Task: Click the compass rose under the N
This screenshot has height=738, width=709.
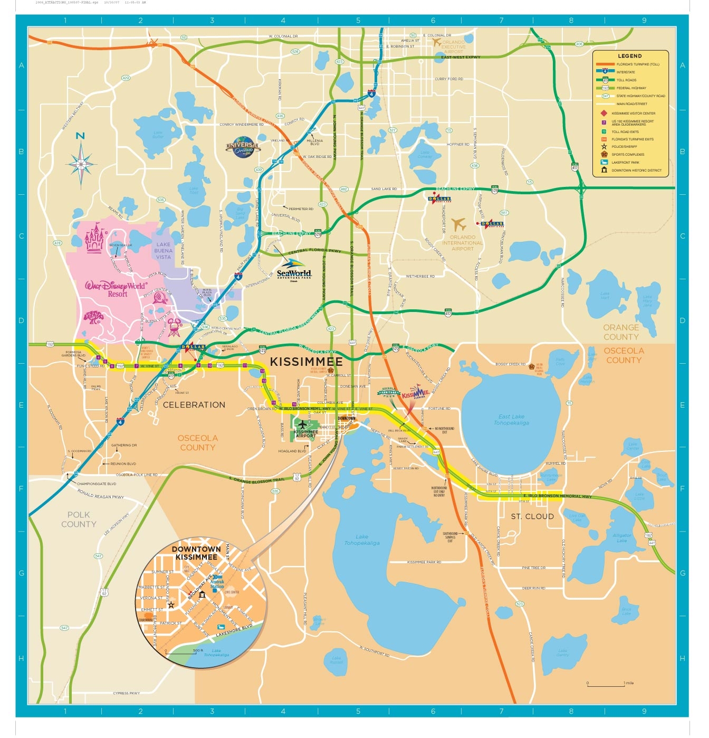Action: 81,165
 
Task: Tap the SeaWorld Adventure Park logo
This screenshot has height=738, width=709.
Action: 293,269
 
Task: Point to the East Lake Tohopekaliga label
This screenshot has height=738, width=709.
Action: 511,420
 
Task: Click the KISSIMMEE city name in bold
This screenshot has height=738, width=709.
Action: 306,362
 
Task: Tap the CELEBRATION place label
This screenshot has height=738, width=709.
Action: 194,405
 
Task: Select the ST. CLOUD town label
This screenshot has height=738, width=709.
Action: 532,516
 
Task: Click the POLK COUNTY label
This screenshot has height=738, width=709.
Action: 79,519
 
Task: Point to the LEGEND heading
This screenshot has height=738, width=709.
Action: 630,56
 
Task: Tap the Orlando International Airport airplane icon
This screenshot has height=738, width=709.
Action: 458,224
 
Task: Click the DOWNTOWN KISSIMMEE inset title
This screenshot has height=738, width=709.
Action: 196,553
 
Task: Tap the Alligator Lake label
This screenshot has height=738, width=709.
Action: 622,537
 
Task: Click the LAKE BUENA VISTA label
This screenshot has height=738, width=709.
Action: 164,251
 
